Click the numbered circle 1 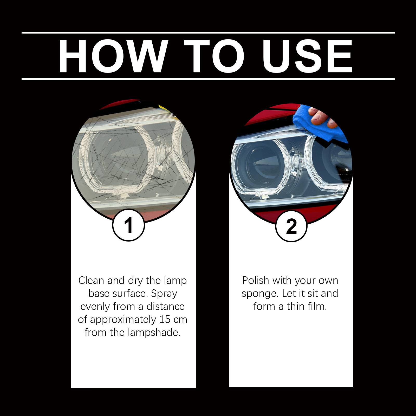point(128,225)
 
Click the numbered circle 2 point(291,226)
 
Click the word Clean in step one point(92,280)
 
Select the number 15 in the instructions point(165,319)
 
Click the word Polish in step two point(256,280)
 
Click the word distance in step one point(165,306)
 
